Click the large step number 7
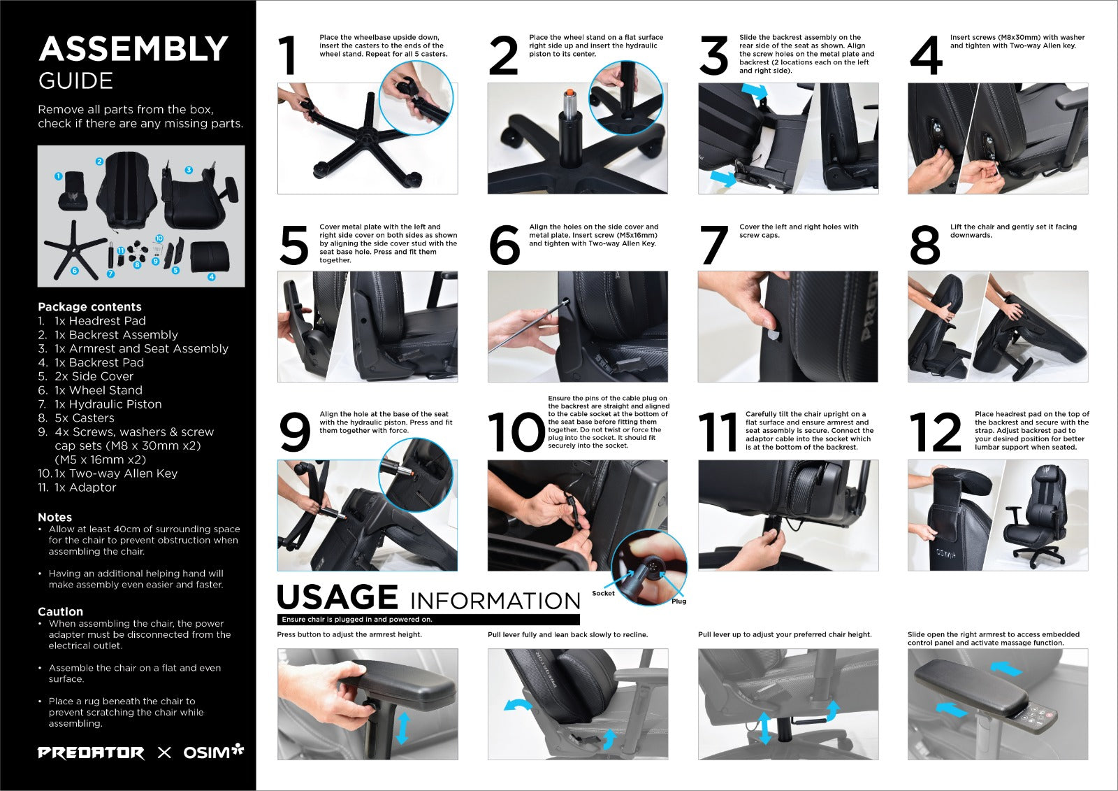[x=714, y=245]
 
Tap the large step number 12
[x=935, y=432]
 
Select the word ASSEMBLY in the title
[x=133, y=49]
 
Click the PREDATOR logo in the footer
[x=91, y=753]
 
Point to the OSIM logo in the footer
[x=214, y=752]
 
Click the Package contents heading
[x=90, y=307]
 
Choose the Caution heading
[x=60, y=612]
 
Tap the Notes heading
[x=55, y=517]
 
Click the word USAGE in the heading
[x=337, y=597]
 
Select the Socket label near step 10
[x=603, y=593]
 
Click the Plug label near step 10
[x=678, y=601]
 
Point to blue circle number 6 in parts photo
[x=74, y=271]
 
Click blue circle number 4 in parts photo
[x=212, y=277]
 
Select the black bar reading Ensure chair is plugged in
[x=428, y=620]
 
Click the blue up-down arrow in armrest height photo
[x=402, y=728]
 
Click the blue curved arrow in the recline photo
[x=518, y=704]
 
